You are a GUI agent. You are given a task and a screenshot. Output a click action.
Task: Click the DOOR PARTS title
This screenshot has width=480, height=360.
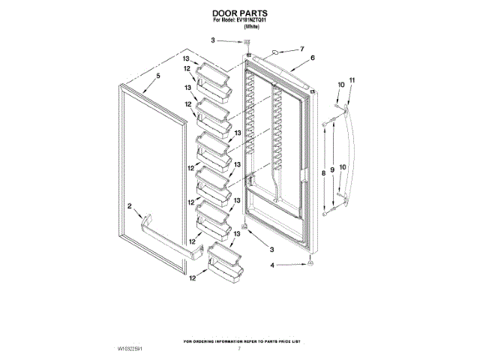coord(240,13)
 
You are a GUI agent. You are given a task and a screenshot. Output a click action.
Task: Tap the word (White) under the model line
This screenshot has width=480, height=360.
coord(251,27)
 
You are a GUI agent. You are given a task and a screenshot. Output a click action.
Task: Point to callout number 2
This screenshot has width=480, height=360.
coord(129,205)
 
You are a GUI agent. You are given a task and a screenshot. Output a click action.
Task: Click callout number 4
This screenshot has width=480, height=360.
coord(274,264)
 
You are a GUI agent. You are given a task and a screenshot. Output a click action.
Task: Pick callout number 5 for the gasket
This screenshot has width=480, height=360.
coord(158,76)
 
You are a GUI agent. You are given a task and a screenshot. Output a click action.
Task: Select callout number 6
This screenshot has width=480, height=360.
coord(312,58)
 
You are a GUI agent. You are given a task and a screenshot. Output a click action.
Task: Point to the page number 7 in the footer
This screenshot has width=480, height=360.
coord(240,349)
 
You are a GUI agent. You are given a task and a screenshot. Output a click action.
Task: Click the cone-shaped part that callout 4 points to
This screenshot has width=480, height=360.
coord(310,262)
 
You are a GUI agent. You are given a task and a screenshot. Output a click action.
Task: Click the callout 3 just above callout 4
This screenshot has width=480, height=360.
coord(272,248)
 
